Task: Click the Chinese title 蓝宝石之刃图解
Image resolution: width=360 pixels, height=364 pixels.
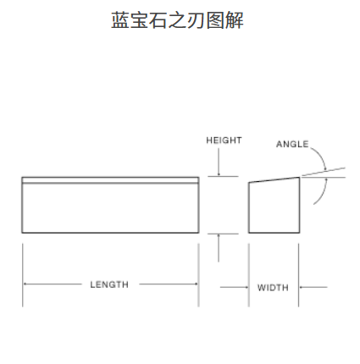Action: click(x=177, y=20)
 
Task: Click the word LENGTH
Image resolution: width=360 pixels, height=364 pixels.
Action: click(x=109, y=284)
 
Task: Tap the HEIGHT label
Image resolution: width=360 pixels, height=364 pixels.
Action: click(x=224, y=141)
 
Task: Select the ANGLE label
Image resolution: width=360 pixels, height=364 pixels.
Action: click(x=292, y=144)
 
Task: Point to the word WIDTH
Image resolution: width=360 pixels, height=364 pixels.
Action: click(x=273, y=288)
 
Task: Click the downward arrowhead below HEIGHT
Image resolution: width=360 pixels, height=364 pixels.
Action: click(x=219, y=174)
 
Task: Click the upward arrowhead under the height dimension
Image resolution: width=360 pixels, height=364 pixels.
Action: click(x=219, y=236)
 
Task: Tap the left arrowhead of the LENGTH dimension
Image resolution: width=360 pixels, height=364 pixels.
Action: click(x=25, y=284)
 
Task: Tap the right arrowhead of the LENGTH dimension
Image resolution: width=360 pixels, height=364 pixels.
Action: click(x=196, y=284)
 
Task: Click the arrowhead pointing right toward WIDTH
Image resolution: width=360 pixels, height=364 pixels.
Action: click(x=246, y=287)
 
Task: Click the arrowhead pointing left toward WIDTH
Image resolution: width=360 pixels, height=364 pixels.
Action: click(x=302, y=287)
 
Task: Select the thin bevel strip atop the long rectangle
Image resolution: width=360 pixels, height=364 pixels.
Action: click(x=110, y=180)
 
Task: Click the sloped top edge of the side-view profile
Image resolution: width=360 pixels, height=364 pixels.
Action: click(x=274, y=180)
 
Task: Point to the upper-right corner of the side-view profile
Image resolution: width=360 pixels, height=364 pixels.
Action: click(x=299, y=178)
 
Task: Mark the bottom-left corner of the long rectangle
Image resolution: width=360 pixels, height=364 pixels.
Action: click(x=22, y=233)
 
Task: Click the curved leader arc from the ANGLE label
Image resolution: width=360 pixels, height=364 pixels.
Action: click(x=321, y=155)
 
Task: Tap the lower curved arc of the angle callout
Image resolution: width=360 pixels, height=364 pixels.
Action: click(x=324, y=193)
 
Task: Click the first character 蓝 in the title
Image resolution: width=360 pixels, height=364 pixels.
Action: click(x=120, y=20)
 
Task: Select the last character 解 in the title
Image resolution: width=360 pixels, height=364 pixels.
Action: click(x=235, y=20)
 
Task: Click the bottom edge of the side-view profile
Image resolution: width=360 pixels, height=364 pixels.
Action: click(x=274, y=233)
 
